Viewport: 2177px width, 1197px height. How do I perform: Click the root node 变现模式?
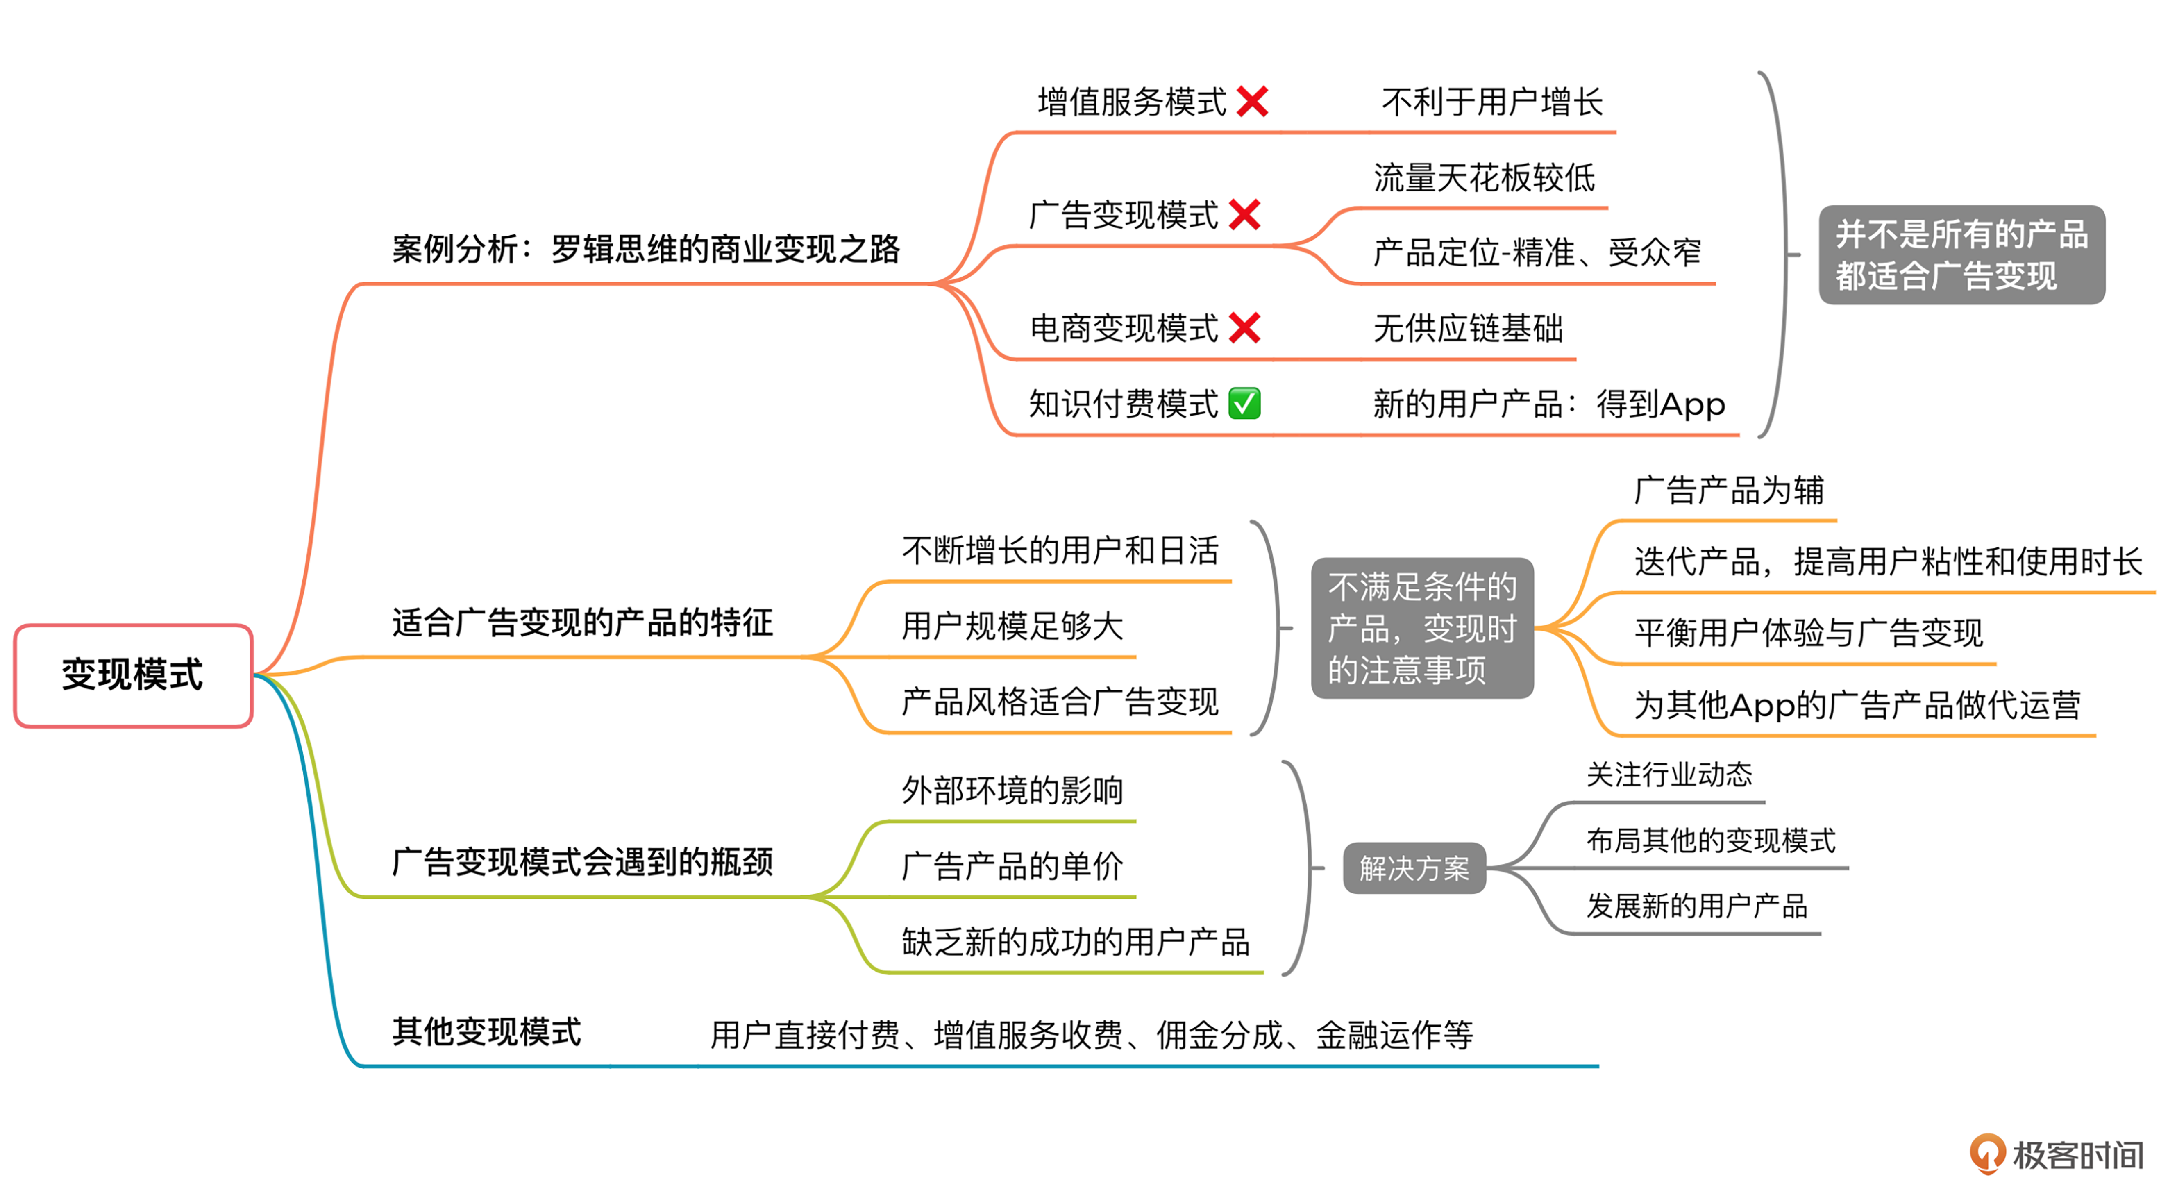click(133, 675)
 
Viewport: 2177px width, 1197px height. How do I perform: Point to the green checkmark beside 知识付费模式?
click(1244, 403)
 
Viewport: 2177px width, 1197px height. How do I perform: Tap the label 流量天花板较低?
click(1484, 177)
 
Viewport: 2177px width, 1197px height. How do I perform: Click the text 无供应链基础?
click(1468, 328)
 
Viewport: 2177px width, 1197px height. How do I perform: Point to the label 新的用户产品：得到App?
click(1548, 404)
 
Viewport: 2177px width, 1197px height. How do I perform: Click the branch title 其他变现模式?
click(487, 1031)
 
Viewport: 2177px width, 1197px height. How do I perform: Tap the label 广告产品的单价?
click(1012, 865)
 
